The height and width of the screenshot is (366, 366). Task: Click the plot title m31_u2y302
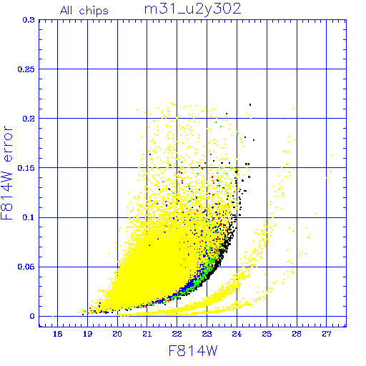(x=193, y=9)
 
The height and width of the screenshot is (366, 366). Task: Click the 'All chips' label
(x=84, y=11)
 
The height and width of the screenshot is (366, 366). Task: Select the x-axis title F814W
(x=193, y=351)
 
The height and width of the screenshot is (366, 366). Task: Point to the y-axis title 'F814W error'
(x=7, y=173)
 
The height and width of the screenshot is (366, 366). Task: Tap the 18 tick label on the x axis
(x=57, y=334)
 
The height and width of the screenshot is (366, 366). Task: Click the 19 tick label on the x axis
(x=87, y=334)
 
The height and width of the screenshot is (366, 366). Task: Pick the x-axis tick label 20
(x=117, y=334)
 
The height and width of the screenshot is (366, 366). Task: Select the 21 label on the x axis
(x=147, y=334)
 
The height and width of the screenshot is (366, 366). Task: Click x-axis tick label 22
(x=177, y=334)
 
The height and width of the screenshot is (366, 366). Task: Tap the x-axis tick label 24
(x=237, y=334)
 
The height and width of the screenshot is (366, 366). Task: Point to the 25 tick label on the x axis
(x=267, y=334)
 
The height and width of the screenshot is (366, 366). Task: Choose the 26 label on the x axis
(x=297, y=334)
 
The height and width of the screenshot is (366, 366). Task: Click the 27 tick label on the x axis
(x=327, y=334)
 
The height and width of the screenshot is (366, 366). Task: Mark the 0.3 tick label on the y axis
(x=29, y=20)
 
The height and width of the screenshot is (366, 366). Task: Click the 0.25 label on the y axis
(x=26, y=69)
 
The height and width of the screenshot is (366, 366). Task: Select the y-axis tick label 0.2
(x=29, y=119)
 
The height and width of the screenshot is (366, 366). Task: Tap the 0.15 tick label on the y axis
(x=26, y=168)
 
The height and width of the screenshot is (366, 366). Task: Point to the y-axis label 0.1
(x=29, y=217)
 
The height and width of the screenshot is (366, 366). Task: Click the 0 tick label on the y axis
(x=32, y=316)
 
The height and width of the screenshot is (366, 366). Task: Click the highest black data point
(x=250, y=104)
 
